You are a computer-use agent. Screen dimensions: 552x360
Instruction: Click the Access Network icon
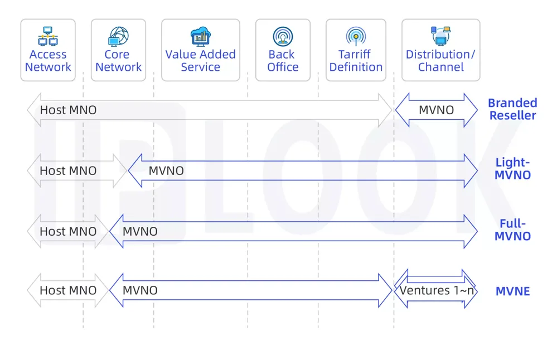tap(48, 36)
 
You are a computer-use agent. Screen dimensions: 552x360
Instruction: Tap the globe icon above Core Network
tap(118, 36)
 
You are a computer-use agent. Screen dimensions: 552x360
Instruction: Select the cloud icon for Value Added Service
tap(201, 36)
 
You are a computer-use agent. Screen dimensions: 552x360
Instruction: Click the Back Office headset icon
tap(283, 36)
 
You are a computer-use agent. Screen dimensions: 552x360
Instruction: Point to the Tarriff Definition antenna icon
tap(356, 36)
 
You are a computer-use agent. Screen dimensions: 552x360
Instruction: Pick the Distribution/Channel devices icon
tap(440, 36)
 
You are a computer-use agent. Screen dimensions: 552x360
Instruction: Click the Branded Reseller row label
tap(512, 109)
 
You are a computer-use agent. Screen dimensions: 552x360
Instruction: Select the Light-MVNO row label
tap(512, 168)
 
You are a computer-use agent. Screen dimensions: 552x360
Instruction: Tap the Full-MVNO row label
tap(512, 230)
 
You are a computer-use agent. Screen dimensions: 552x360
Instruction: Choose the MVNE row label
tap(512, 291)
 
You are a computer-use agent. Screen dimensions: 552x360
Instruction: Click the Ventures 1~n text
tap(437, 290)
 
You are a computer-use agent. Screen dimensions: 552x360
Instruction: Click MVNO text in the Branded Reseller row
tap(436, 110)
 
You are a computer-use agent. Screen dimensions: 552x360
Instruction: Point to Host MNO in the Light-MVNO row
tap(68, 171)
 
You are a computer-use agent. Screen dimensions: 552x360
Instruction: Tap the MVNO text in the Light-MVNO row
tap(166, 171)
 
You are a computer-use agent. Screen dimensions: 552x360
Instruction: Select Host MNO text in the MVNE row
tap(68, 290)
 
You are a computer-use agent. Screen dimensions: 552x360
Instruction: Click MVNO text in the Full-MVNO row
tap(140, 231)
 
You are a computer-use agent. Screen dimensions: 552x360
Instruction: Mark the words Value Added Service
tap(201, 61)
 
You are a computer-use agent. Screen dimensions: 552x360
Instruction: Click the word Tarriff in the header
tap(354, 54)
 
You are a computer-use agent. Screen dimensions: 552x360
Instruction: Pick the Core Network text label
tap(118, 61)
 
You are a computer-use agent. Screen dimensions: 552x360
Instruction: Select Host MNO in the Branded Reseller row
tap(68, 110)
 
